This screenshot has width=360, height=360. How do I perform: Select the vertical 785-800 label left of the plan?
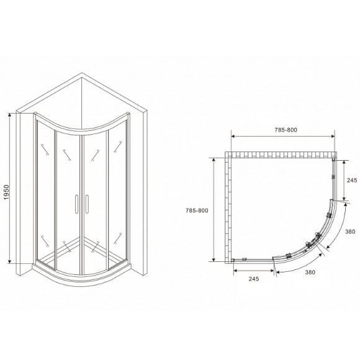[x=201, y=210]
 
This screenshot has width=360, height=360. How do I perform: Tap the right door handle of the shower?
[x=87, y=204]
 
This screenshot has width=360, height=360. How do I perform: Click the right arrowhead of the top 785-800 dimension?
[x=333, y=137]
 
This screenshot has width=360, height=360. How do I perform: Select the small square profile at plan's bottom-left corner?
[x=233, y=260]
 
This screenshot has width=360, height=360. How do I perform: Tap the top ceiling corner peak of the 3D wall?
[x=83, y=74]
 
